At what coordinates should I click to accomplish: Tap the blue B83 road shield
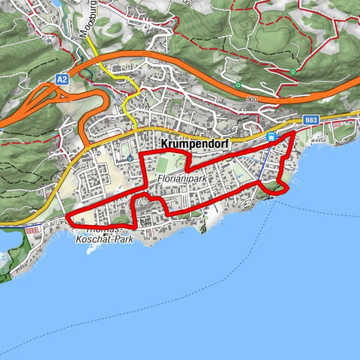coord(311,120)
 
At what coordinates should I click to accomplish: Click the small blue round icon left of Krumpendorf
coord(130,157)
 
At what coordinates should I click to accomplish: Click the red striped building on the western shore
coord(31,230)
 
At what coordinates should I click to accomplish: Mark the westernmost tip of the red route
coord(68,218)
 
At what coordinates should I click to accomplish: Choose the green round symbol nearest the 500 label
coord(238,85)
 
